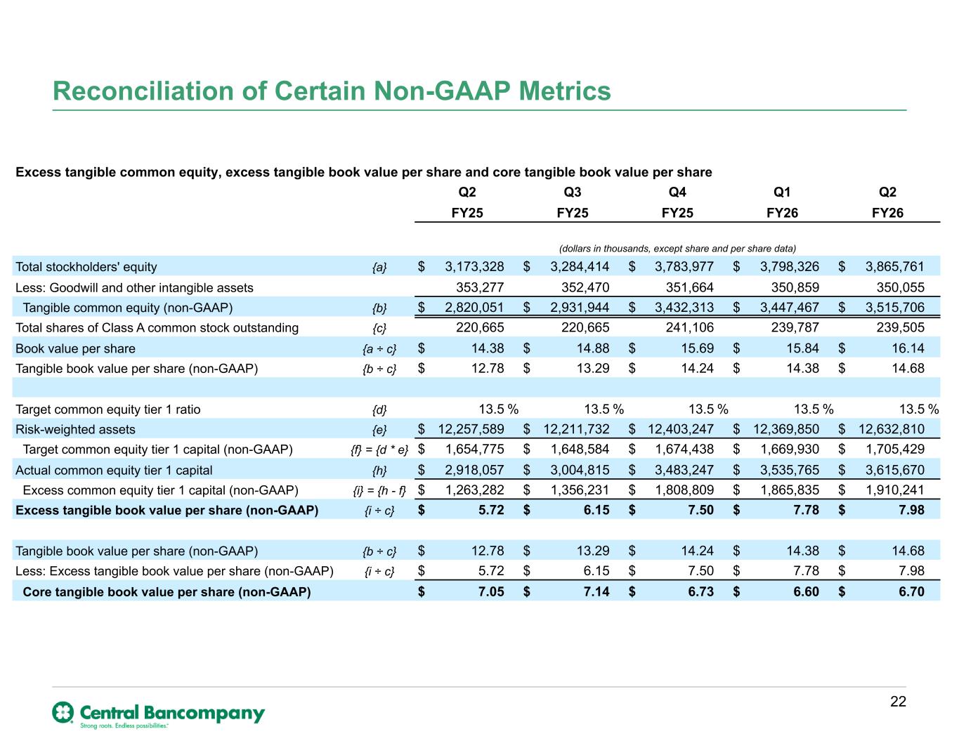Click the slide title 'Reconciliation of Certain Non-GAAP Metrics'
332,91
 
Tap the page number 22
898,701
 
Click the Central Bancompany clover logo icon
63,712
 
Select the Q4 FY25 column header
677,202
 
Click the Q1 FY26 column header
782,202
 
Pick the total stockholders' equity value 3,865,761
894,266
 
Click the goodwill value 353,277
480,287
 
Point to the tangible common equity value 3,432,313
684,308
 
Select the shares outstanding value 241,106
690,327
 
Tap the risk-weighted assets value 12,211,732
576,428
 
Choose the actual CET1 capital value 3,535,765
790,470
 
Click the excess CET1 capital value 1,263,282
474,490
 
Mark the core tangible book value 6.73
701,591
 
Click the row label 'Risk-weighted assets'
75,429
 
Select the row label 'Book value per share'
75,348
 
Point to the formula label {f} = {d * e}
379,450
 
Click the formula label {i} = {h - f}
379,490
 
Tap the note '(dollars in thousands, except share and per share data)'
677,249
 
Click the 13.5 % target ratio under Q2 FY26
919,409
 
